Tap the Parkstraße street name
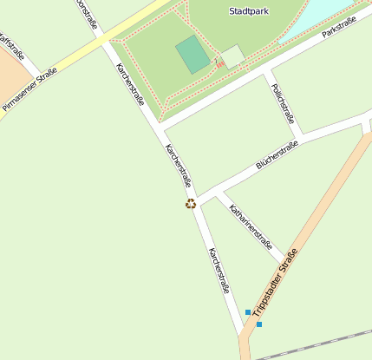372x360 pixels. [x=339, y=26]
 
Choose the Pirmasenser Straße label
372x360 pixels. [x=29, y=90]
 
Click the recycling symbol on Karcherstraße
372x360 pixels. [x=191, y=204]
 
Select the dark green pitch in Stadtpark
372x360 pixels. [x=193, y=55]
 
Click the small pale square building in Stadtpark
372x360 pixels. [x=232, y=57]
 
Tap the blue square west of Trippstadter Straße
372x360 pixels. [x=248, y=312]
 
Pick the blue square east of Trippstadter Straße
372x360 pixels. [x=259, y=324]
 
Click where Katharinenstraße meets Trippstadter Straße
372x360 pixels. [x=284, y=263]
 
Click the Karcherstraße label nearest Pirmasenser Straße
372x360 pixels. [x=130, y=83]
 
